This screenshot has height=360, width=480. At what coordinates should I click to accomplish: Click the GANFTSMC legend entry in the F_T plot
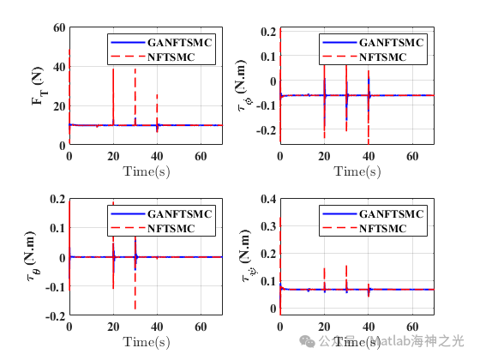coord(175,42)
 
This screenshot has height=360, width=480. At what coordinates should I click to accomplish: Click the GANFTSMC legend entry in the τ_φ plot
coord(387,42)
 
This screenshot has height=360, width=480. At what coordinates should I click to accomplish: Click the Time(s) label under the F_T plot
coord(145,171)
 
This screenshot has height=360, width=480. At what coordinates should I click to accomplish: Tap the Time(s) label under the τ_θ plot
coord(145,342)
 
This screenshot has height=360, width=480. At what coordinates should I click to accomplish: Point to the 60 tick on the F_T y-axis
coord(60,27)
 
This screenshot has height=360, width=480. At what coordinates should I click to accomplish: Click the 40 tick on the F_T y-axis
coord(60,67)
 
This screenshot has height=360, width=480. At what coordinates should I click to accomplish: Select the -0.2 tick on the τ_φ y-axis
coord(265,131)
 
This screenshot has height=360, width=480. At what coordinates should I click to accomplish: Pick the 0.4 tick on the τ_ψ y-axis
coord(268,199)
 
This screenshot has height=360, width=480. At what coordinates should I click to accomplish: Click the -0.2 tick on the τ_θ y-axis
coord(56,316)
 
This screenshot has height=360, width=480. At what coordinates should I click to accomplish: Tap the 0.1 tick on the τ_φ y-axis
coord(268,57)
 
